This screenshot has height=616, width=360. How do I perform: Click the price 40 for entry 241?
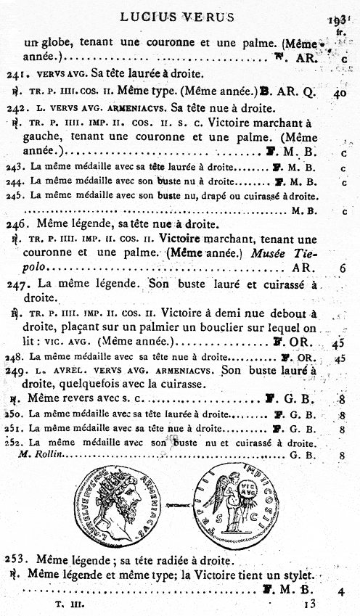(x=340, y=92)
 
